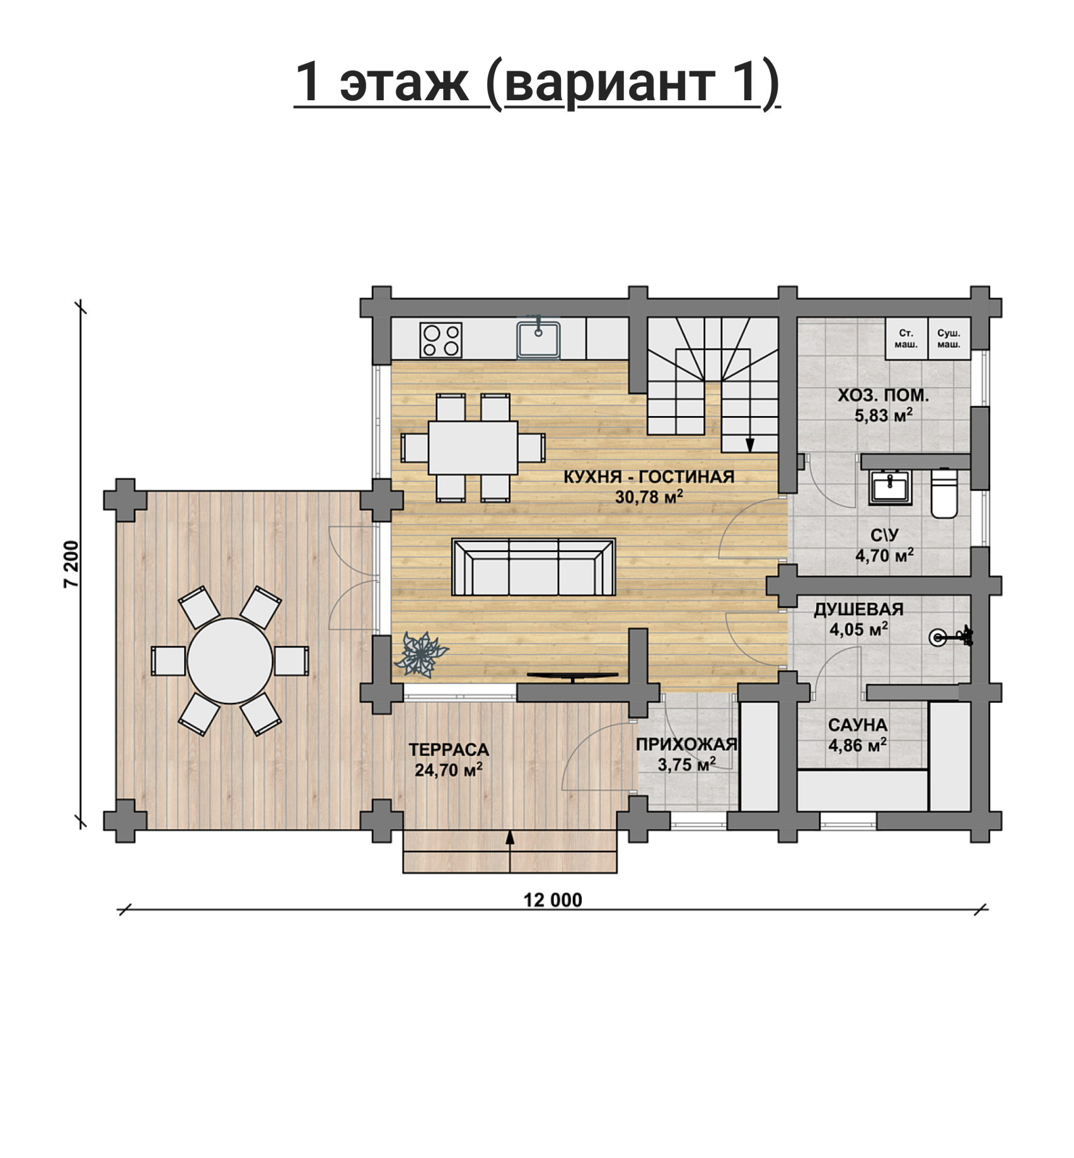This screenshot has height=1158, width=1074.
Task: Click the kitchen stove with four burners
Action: tap(441, 340)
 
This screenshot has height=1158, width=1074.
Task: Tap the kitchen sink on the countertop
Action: tap(538, 339)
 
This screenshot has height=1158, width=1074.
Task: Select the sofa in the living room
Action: tap(534, 567)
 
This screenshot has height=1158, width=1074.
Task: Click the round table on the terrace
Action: tap(230, 661)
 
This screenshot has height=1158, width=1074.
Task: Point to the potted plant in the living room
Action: tap(420, 654)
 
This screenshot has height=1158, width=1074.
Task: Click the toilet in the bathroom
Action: tap(944, 493)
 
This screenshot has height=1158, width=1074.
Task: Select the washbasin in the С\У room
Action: tap(889, 487)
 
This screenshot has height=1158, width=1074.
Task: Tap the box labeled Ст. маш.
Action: tap(906, 339)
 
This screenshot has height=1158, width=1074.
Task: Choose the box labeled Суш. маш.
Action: tap(949, 339)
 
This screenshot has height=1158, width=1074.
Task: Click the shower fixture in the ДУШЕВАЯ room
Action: tap(950, 637)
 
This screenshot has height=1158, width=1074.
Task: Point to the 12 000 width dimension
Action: tap(553, 900)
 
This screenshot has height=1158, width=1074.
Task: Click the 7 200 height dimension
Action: tap(72, 564)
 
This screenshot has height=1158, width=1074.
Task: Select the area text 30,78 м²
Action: tap(649, 497)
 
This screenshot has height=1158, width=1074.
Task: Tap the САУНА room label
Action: tap(857, 725)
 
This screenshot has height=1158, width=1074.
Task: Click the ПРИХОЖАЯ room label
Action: tap(686, 744)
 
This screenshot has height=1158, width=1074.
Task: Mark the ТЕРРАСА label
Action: tap(449, 750)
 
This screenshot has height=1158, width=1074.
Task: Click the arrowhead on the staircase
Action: tap(750, 445)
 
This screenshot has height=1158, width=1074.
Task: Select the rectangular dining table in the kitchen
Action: tap(473, 448)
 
